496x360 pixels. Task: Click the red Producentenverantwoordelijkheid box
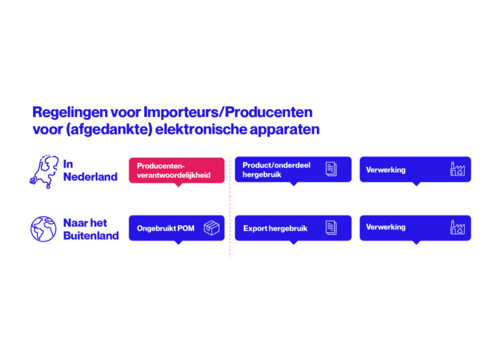(177, 170)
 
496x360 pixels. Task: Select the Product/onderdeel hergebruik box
(293, 170)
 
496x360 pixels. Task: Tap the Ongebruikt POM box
(177, 228)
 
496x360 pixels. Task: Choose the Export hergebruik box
(293, 228)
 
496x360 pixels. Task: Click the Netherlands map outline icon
(45, 172)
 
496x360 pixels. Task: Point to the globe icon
(43, 229)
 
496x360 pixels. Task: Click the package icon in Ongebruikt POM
(212, 228)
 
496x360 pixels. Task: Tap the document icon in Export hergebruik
(331, 227)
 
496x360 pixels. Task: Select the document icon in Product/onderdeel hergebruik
(331, 169)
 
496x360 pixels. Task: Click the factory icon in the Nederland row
(458, 169)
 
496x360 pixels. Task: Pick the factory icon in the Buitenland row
(458, 227)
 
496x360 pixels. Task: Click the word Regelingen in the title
(70, 112)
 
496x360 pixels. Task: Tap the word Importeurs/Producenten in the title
(228, 112)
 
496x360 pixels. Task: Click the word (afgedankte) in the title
(109, 129)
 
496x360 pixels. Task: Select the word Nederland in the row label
(90, 177)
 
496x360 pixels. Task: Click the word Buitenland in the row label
(91, 236)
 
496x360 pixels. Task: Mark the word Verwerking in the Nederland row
(386, 170)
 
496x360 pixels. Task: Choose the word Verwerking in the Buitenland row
(386, 227)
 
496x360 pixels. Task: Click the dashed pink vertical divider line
(230, 207)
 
